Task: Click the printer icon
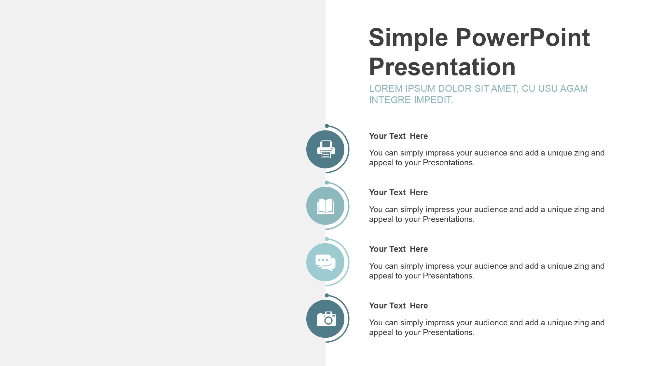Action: pyautogui.click(x=326, y=149)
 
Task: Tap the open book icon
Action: pyautogui.click(x=326, y=206)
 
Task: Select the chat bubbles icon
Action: pyautogui.click(x=325, y=263)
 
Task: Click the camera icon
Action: pyautogui.click(x=326, y=319)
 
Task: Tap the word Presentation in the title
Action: pyautogui.click(x=442, y=67)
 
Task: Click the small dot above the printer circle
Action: pyautogui.click(x=327, y=126)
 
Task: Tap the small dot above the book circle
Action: pyautogui.click(x=327, y=183)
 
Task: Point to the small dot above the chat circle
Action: pyautogui.click(x=327, y=239)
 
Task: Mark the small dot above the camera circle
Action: pyautogui.click(x=327, y=295)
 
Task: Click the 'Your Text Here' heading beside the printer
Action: pyautogui.click(x=398, y=136)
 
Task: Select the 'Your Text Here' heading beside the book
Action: pyautogui.click(x=398, y=192)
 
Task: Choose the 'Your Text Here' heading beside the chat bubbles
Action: pyautogui.click(x=398, y=249)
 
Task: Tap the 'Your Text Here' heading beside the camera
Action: pyautogui.click(x=398, y=305)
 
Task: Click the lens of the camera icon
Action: pyautogui.click(x=328, y=320)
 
